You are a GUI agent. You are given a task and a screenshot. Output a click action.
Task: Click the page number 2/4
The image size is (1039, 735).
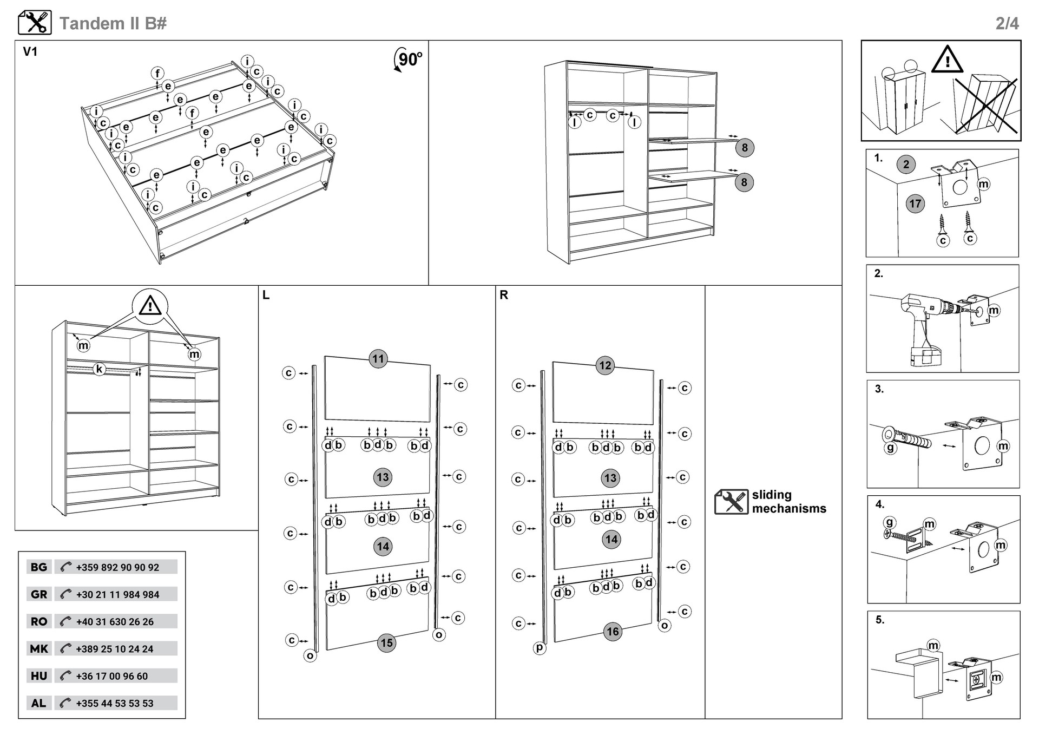1007,23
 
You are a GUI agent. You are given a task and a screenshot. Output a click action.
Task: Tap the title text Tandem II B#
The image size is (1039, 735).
113,23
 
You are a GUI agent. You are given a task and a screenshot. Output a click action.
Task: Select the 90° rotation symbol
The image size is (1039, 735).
408,59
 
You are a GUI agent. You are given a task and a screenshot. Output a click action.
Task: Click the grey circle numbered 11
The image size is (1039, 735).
378,358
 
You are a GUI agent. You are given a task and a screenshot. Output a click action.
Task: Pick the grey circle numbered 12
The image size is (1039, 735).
606,365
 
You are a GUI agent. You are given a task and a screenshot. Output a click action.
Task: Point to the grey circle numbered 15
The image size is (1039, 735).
386,643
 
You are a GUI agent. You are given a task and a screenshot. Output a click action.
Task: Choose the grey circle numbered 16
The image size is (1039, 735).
613,632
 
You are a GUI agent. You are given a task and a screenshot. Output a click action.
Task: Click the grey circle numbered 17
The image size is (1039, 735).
915,204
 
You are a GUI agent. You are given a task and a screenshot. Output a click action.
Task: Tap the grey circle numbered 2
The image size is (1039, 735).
906,164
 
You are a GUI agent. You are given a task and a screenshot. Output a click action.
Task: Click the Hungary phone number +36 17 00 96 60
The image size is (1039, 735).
112,676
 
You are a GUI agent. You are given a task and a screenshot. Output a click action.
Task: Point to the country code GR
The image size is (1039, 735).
39,594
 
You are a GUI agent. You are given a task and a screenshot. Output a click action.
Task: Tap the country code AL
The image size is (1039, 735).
38,703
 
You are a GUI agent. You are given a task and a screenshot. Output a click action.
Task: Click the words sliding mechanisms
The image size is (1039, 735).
789,502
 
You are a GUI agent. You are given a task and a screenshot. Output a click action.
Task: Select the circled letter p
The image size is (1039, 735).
540,647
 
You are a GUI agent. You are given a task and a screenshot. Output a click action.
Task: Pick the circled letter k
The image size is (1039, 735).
99,370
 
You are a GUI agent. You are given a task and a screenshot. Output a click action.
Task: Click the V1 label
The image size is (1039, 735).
30,52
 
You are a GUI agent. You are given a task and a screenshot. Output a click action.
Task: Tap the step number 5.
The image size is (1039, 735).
880,620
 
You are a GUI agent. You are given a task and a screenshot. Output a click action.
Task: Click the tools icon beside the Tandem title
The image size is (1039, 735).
35,23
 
